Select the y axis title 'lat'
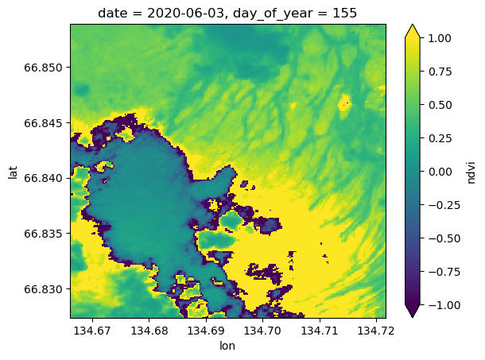coord(14,171)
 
